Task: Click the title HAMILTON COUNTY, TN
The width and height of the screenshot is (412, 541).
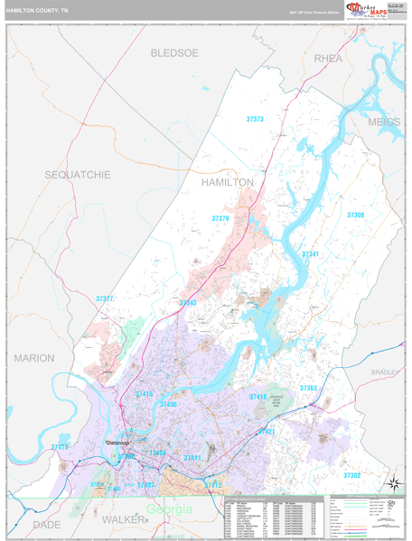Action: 36,9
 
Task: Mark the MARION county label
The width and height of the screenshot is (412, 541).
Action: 33,358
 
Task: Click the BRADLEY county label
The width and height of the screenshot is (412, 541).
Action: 384,371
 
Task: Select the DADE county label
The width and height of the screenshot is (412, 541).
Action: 46,523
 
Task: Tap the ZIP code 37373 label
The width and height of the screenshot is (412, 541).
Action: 255,119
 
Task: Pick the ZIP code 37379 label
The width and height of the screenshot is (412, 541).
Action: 220,219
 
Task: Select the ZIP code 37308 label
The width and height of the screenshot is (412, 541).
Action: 355,215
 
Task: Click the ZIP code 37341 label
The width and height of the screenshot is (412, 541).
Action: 310,254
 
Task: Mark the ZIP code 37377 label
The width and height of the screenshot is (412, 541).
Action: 105,298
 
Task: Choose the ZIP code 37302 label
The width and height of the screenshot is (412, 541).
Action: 351,474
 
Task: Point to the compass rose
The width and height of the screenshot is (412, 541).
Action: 393,481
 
